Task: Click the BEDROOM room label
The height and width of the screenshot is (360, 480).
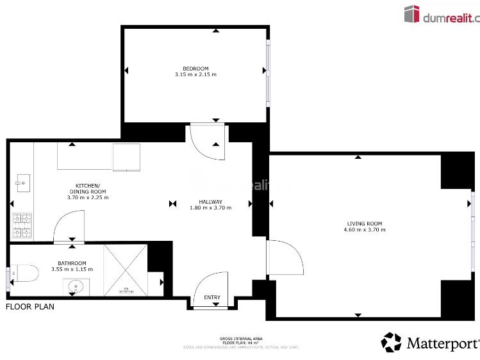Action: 195,69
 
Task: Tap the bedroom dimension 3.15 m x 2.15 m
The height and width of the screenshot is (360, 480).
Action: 195,75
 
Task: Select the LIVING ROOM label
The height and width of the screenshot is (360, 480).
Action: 364,223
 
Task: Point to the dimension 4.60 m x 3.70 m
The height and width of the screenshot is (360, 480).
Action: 364,229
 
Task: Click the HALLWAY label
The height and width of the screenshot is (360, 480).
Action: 210,201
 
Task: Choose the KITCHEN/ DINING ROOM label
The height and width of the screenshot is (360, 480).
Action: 88,188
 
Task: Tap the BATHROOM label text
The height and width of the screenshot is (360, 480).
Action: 72,263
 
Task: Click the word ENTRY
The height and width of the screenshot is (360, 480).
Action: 211,297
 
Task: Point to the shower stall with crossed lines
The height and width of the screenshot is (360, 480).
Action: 126,269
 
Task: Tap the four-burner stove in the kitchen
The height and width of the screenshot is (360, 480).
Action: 21,222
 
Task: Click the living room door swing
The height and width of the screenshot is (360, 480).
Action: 285,260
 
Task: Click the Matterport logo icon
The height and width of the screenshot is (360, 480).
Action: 391,342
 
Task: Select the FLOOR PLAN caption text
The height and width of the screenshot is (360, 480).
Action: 30,307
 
